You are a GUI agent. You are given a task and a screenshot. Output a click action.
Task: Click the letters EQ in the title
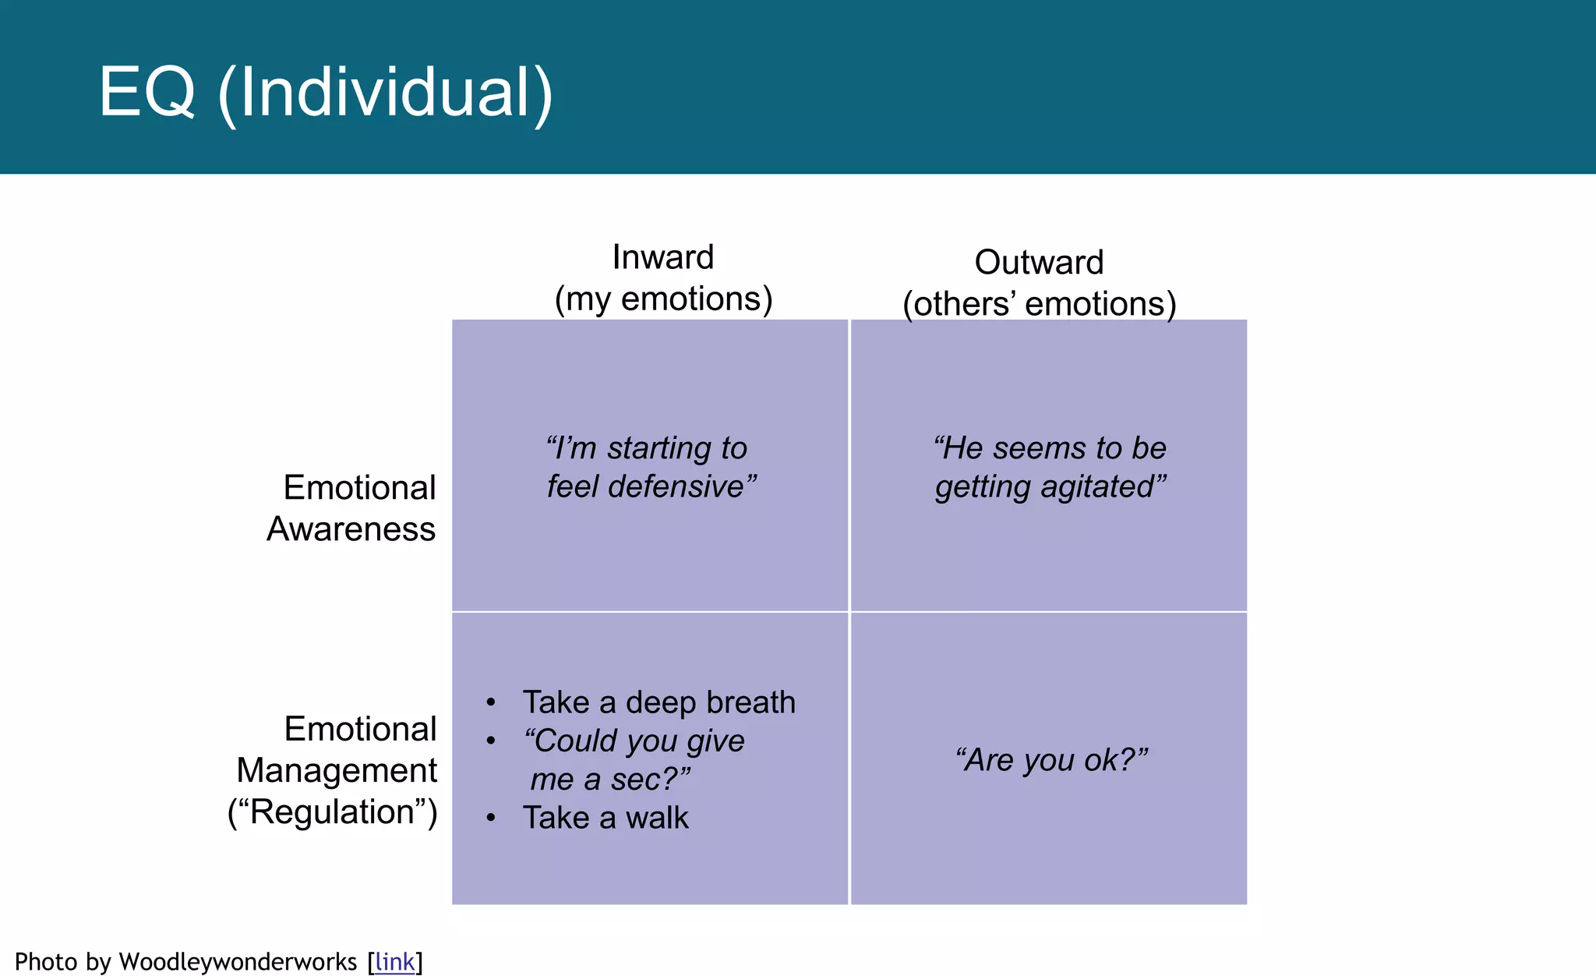coord(147,93)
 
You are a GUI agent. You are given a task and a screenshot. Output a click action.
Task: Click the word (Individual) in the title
coord(385,93)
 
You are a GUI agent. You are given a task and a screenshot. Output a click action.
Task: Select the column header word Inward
coord(662,257)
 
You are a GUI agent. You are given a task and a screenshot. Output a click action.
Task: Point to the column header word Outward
coord(1039,263)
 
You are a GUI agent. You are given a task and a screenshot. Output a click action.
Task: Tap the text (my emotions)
coord(663,299)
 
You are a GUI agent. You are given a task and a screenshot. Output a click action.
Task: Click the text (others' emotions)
coord(1039,304)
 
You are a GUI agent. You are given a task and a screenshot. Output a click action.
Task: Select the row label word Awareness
coord(351,529)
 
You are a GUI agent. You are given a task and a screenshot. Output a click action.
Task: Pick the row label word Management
coord(337,770)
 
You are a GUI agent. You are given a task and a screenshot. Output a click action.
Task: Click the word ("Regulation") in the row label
coord(333,812)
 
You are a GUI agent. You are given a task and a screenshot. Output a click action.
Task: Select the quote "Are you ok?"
coord(1051,759)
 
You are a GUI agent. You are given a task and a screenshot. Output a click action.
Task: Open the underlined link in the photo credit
coord(394,962)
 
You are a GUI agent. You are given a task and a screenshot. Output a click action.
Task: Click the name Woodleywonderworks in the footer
coord(238,962)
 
